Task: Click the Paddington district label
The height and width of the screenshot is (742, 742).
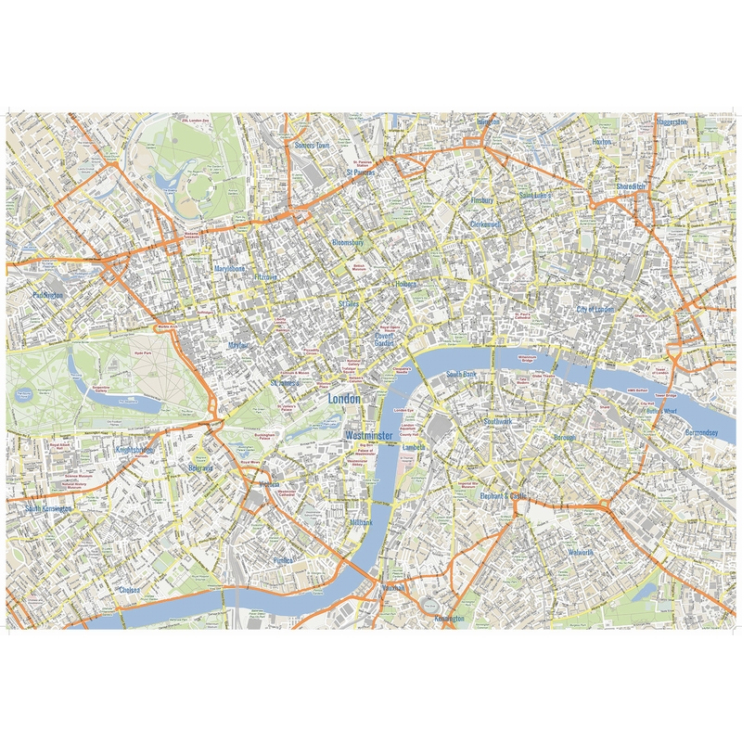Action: coord(47,295)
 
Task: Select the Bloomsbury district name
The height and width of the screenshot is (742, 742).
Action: coord(350,242)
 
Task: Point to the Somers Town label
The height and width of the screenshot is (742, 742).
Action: coord(312,146)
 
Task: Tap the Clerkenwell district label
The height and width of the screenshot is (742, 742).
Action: coord(485,224)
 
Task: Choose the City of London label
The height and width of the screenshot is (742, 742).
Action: coord(595,309)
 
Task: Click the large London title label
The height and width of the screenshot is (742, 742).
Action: coord(345,397)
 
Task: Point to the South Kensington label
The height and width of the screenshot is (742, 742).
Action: coord(48,509)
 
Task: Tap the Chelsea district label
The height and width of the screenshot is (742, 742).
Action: coord(129,589)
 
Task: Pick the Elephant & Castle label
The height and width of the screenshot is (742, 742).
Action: coord(503,497)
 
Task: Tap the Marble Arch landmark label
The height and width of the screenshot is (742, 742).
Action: coord(167,326)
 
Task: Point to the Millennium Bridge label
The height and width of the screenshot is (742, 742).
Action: coord(528,357)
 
